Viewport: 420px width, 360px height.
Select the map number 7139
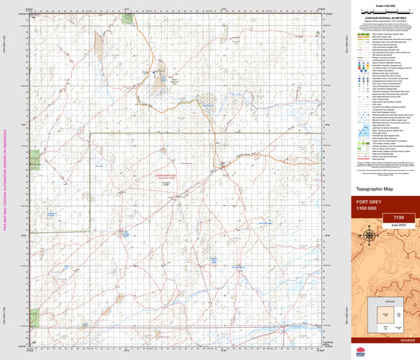(x=399, y=218)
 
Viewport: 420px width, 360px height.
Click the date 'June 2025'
(x=399, y=225)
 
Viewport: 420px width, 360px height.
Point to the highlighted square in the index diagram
(x=384, y=317)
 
